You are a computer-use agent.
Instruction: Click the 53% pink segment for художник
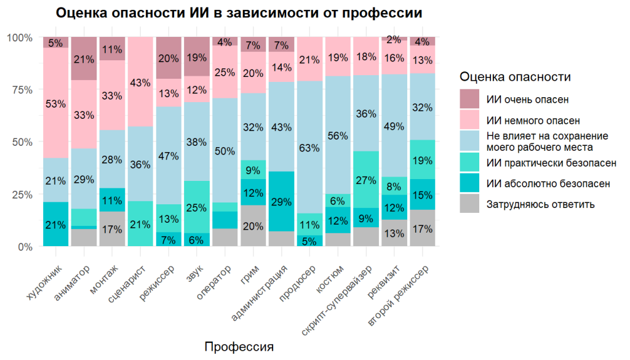[x=56, y=103]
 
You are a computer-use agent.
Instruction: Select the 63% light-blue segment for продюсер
[x=309, y=148]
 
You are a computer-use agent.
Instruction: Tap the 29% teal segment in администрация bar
[x=282, y=202]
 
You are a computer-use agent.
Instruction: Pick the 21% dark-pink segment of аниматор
[x=84, y=59]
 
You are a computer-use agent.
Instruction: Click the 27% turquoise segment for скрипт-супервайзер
[x=366, y=180]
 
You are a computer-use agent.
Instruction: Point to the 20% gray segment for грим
[x=253, y=226]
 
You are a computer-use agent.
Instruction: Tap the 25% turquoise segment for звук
[x=197, y=207]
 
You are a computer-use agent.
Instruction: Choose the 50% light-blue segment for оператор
[x=225, y=151]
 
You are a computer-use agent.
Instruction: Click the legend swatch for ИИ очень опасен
[x=469, y=98]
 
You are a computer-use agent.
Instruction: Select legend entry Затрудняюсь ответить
[x=539, y=204]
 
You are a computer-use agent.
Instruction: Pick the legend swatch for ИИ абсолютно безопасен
[x=469, y=183]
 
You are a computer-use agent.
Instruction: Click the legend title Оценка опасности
[x=515, y=77]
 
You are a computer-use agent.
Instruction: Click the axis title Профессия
[x=239, y=346]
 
